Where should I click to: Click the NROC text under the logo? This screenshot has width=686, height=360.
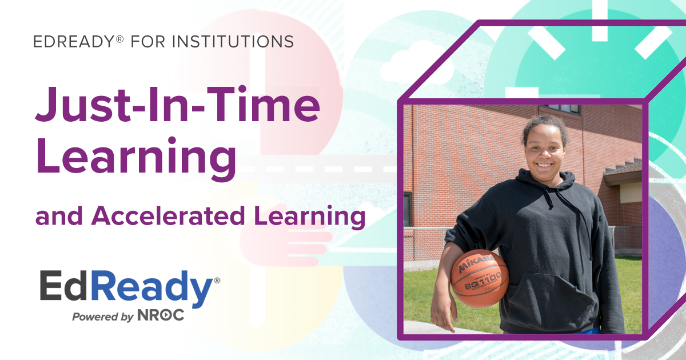point(161,315)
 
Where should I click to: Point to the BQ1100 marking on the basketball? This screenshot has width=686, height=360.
point(482,279)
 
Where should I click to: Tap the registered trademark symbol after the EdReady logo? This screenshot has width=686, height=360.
point(217,280)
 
